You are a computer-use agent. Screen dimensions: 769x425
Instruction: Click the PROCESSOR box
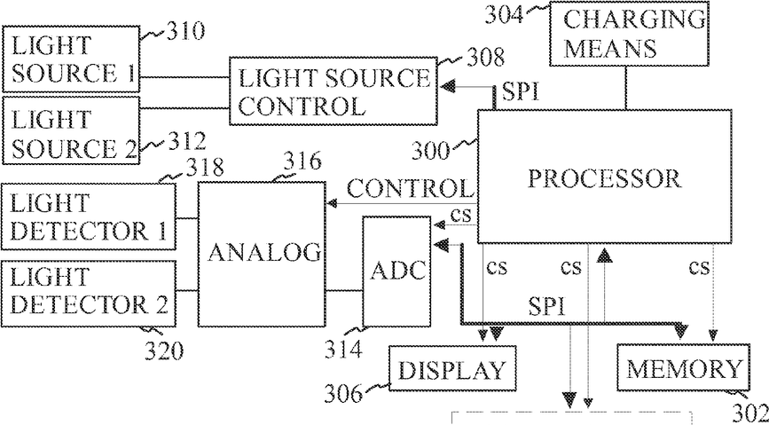[604, 177]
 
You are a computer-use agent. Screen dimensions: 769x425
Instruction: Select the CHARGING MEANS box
[628, 34]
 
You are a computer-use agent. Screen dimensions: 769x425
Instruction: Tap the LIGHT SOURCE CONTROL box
[333, 91]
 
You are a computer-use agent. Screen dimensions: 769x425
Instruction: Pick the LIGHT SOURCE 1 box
[71, 59]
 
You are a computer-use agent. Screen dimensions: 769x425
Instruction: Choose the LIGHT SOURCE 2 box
[71, 130]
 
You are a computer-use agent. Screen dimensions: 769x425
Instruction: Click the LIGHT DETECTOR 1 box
[89, 216]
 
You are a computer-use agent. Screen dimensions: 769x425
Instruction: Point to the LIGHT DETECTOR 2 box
[89, 293]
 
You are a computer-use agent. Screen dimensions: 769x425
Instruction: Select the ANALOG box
[262, 255]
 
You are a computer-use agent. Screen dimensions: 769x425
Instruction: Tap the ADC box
[396, 271]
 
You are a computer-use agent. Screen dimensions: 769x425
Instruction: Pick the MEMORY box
[683, 367]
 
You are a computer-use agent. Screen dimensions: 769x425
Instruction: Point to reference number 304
[504, 15]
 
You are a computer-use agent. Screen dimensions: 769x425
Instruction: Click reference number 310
[184, 33]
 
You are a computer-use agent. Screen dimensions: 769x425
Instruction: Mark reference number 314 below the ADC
[342, 350]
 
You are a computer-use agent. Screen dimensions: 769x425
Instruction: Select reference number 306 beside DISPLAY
[342, 392]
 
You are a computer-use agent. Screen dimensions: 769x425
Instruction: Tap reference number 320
[164, 351]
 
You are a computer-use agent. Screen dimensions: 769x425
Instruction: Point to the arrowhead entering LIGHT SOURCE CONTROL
[448, 87]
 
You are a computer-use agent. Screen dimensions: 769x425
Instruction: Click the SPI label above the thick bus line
[546, 308]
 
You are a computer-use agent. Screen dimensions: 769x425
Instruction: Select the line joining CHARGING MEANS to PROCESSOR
[626, 87]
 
